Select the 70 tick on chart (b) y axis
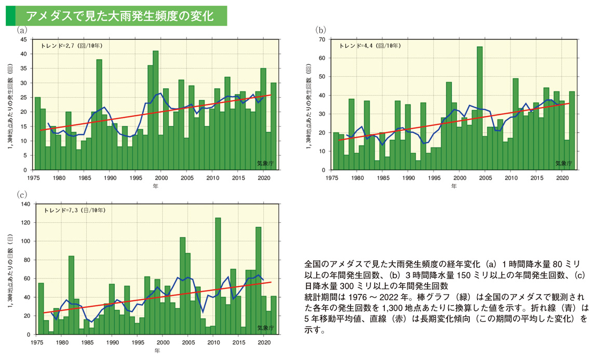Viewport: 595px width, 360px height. tap(321, 39)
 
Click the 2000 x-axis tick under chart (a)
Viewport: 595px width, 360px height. tap(161, 178)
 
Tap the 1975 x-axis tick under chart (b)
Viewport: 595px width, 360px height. tap(332, 178)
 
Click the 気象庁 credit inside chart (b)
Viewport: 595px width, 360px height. tap(563, 163)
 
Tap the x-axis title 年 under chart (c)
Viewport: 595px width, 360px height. tap(157, 351)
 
